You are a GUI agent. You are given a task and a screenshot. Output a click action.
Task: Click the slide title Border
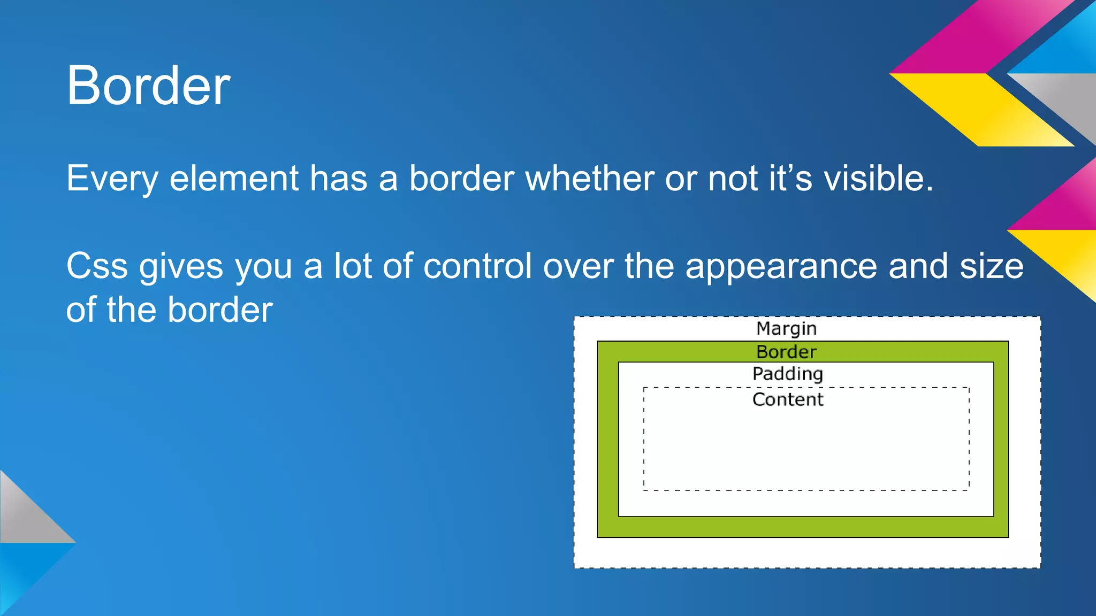(x=148, y=86)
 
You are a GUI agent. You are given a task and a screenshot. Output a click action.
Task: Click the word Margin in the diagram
(x=786, y=328)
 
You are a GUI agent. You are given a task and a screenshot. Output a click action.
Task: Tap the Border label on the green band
(x=786, y=352)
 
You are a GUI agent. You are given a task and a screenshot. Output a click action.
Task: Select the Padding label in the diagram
(x=787, y=374)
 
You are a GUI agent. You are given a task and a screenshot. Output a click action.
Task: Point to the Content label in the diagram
(x=788, y=399)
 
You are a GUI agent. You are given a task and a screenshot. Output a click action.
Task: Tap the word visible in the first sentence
(x=878, y=178)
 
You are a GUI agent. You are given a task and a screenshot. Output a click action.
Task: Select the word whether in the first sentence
(x=589, y=178)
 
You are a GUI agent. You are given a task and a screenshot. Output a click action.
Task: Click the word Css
(x=97, y=266)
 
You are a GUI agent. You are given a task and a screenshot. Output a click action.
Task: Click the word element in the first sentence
(x=234, y=178)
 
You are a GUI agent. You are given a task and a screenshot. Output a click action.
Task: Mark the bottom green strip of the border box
(x=803, y=527)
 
